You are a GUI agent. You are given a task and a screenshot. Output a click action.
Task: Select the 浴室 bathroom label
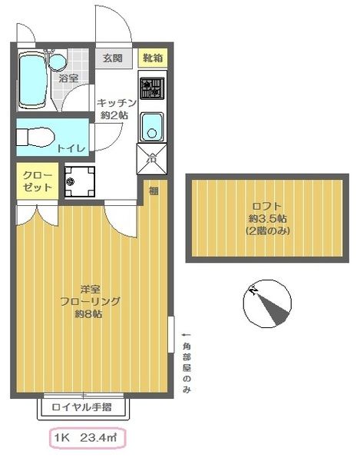coord(69,79)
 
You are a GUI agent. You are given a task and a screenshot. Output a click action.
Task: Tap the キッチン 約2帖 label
coord(117,108)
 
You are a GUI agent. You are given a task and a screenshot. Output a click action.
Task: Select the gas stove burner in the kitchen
coord(151,88)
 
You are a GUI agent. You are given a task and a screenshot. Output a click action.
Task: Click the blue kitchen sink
coord(151,124)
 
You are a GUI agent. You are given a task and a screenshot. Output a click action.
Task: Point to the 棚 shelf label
coord(154,191)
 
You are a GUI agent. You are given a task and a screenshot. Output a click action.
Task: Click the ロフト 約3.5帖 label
coord(268,218)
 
